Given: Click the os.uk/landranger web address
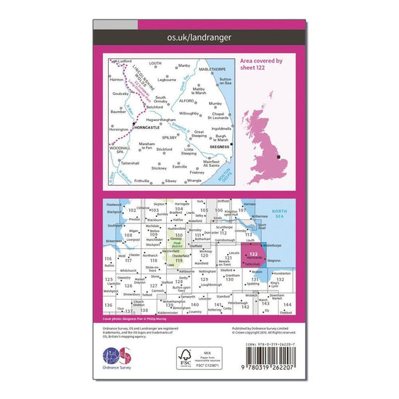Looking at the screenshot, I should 199,36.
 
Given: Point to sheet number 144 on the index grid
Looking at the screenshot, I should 287,305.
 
